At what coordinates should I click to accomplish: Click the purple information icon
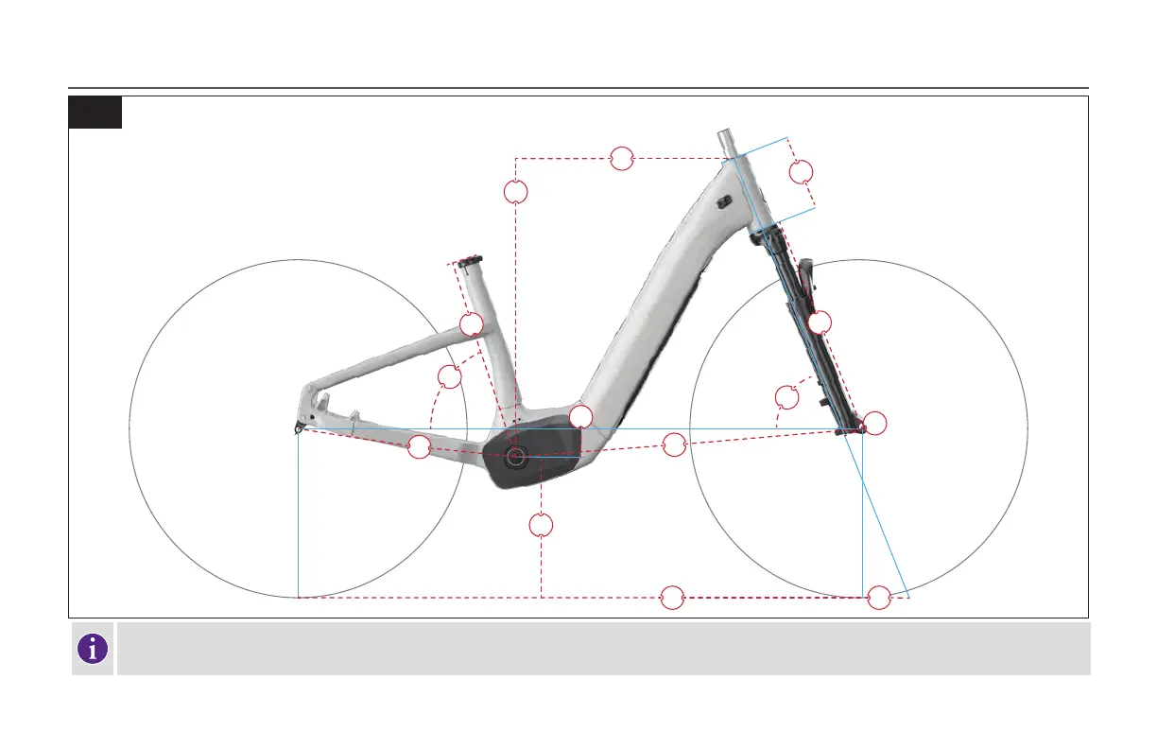[x=92, y=649]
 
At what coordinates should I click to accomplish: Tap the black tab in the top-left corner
[x=95, y=112]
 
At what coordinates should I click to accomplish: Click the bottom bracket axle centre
[x=515, y=457]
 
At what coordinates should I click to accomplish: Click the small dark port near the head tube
[x=725, y=200]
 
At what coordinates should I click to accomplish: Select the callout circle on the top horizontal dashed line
[x=621, y=159]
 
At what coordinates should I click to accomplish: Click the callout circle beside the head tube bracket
[x=802, y=171]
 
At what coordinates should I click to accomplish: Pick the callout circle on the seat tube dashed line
[x=471, y=324]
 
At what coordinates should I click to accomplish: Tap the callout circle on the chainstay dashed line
[x=419, y=448]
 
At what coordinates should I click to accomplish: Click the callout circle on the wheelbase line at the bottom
[x=672, y=598]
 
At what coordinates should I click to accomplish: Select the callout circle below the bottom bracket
[x=541, y=525]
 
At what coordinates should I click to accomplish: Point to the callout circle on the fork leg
[x=820, y=322]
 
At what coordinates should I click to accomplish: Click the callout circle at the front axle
[x=876, y=424]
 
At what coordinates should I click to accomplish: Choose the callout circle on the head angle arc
[x=786, y=397]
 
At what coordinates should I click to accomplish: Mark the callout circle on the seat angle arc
[x=450, y=376]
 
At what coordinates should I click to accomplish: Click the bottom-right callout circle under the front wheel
[x=879, y=598]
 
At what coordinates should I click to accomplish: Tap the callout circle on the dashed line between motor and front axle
[x=674, y=444]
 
